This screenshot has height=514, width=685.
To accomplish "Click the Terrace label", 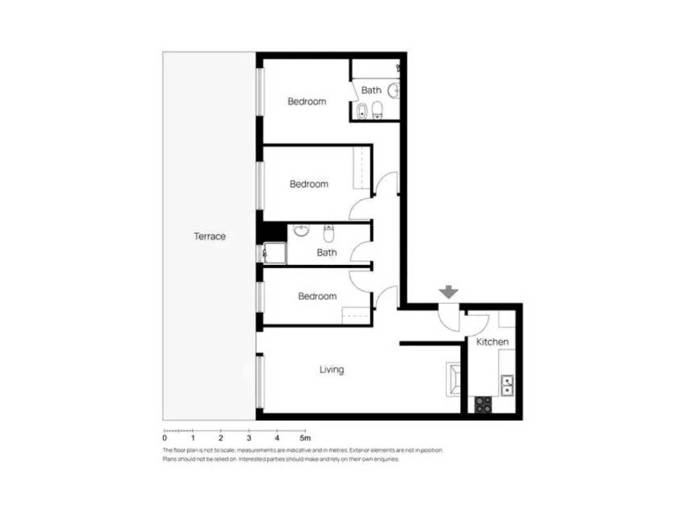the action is point(209,236).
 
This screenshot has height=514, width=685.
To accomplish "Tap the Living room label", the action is point(332,369).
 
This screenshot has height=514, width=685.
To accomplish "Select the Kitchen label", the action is point(492,342).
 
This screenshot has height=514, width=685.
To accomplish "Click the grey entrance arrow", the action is point(449,292).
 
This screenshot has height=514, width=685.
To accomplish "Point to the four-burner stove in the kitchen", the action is point(483,404).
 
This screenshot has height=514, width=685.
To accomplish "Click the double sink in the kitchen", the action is point(507,385).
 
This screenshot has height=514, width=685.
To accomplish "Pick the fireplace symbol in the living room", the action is point(454,379).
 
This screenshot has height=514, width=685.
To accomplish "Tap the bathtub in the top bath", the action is point(362,111).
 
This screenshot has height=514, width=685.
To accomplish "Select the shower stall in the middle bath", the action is point(274,254).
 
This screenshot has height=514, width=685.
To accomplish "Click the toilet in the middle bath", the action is point(328,234).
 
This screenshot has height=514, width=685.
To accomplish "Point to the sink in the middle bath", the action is point(301,230).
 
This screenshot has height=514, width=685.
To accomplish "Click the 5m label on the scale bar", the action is point(305,438).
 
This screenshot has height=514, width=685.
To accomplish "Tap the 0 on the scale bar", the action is point(165,438).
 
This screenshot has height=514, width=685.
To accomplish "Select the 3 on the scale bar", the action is point(249,438).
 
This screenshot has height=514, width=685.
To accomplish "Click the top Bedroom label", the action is point(306,102).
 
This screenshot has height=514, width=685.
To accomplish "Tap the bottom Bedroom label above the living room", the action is point(318,296).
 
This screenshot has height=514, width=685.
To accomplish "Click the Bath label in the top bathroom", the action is point(371,90).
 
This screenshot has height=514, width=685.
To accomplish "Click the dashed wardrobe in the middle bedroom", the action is point(361,167).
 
